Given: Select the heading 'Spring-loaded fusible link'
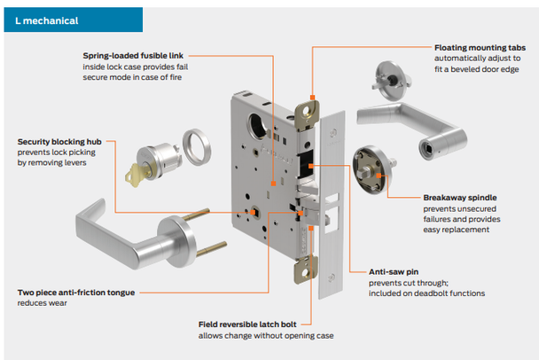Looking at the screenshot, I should click(x=134, y=55).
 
